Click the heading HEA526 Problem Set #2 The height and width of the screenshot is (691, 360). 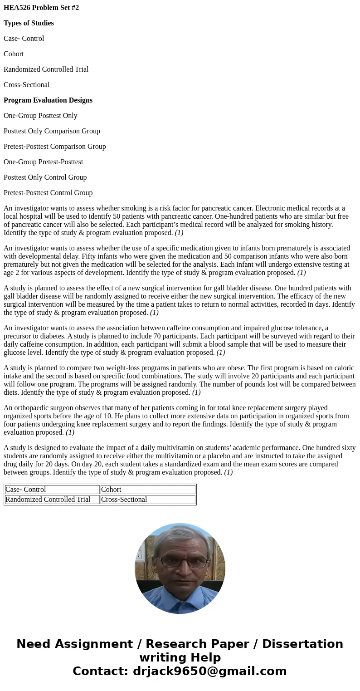coord(41,8)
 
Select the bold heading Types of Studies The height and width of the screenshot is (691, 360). coord(29,23)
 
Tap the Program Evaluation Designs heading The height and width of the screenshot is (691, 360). coord(48,100)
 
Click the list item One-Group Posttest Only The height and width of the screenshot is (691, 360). coord(40,116)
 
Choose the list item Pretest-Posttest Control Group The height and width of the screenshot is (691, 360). coord(48,193)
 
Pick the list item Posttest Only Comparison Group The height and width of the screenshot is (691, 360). coord(52,131)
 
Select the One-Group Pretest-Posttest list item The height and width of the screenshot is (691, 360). coord(43,162)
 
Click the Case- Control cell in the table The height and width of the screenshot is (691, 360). coord(25,490)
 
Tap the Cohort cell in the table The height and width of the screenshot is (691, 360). coord(111,490)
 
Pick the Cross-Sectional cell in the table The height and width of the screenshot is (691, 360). coord(124,500)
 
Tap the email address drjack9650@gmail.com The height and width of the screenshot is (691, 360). coord(209,671)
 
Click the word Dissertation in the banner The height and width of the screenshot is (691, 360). coord(302,644)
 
